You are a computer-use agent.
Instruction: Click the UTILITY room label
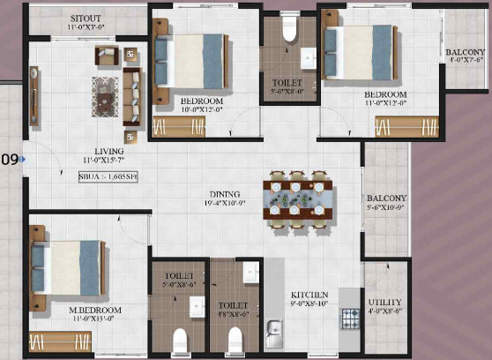(385, 302)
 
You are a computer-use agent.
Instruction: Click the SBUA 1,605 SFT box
(108, 177)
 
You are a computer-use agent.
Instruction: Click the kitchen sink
(273, 334)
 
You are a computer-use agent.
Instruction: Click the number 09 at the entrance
(10, 160)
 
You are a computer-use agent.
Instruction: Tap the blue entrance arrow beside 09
(24, 160)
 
